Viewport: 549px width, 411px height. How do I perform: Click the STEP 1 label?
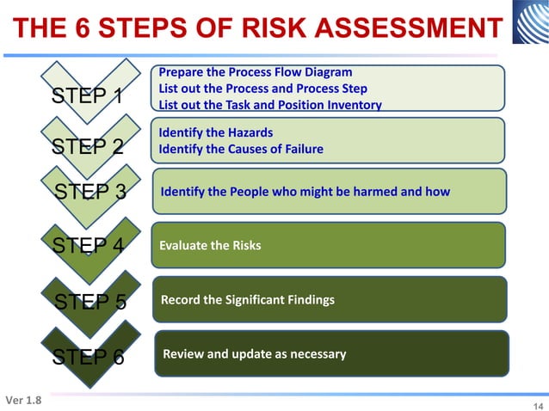[x=87, y=96]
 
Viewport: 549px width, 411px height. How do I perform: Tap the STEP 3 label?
[x=90, y=192]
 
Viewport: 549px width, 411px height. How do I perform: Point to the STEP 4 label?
[x=88, y=246]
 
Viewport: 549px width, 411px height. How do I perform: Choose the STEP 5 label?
[x=90, y=301]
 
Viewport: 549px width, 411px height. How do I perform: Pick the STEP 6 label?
[x=88, y=356]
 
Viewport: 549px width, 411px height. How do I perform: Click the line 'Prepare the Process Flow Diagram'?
[x=256, y=72]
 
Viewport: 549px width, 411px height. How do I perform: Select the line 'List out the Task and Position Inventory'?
[x=270, y=105]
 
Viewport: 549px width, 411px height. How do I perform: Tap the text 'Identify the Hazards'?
[x=216, y=132]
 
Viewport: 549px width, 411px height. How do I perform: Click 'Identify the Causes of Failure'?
[x=241, y=149]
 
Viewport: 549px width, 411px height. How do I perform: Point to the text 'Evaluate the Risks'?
[x=210, y=246]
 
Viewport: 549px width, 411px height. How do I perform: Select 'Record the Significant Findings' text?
[x=248, y=300]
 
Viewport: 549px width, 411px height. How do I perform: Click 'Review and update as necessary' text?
[x=255, y=354]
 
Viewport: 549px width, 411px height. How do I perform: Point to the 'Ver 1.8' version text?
[x=23, y=401]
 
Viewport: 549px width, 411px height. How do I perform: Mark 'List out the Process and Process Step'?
[x=263, y=89]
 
